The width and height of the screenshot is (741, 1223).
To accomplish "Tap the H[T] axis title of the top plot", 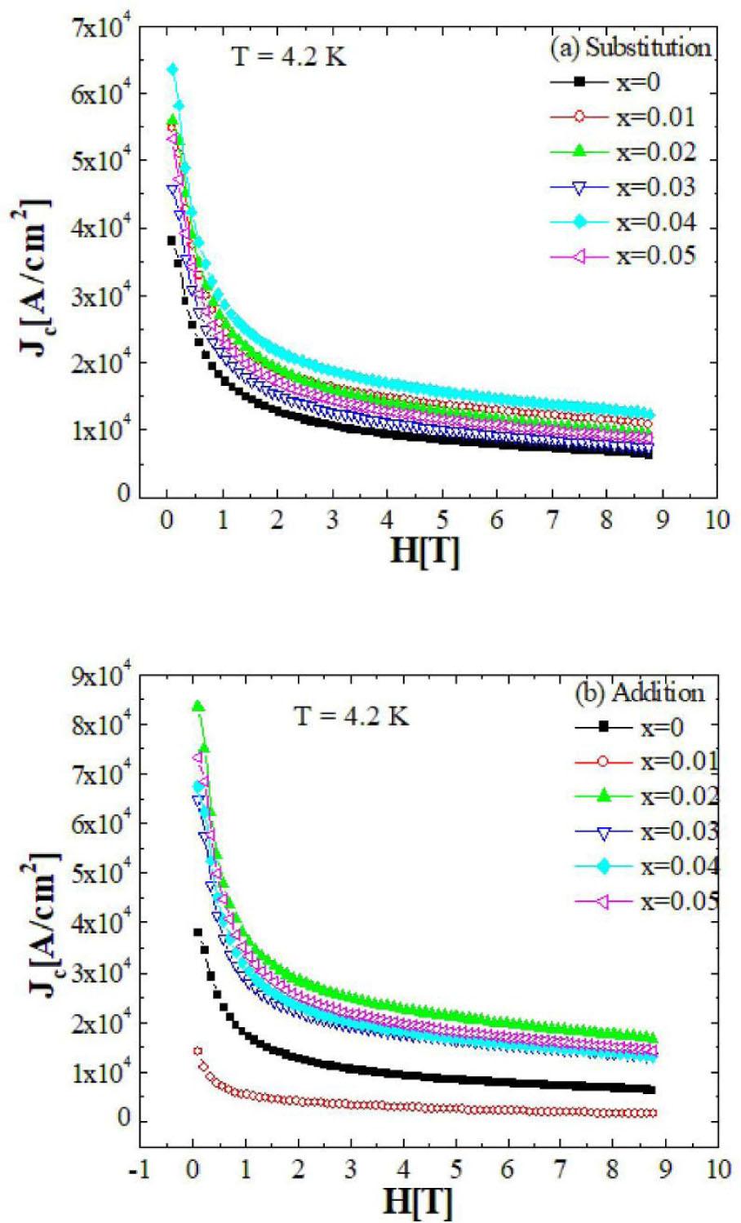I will [x=424, y=552].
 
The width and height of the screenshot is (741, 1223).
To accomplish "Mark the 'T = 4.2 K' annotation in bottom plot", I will [x=351, y=716].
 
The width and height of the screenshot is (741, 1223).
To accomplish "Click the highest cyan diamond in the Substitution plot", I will [x=173, y=69].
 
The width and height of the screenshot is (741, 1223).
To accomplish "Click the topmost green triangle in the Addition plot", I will [x=197, y=707].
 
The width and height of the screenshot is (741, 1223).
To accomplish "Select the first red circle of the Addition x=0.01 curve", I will [x=197, y=1051].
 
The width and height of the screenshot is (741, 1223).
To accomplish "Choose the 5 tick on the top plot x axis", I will [x=441, y=520].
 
